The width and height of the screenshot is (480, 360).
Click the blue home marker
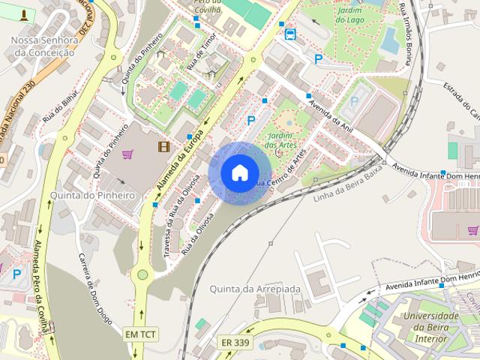239,173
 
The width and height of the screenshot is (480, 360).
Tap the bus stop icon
289,33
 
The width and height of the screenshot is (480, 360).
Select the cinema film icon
163,145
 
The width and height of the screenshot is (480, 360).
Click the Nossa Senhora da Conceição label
44,46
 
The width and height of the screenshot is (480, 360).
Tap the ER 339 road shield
235,342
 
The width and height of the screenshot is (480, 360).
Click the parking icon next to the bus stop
319,58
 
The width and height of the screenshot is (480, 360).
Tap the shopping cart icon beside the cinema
127,154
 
